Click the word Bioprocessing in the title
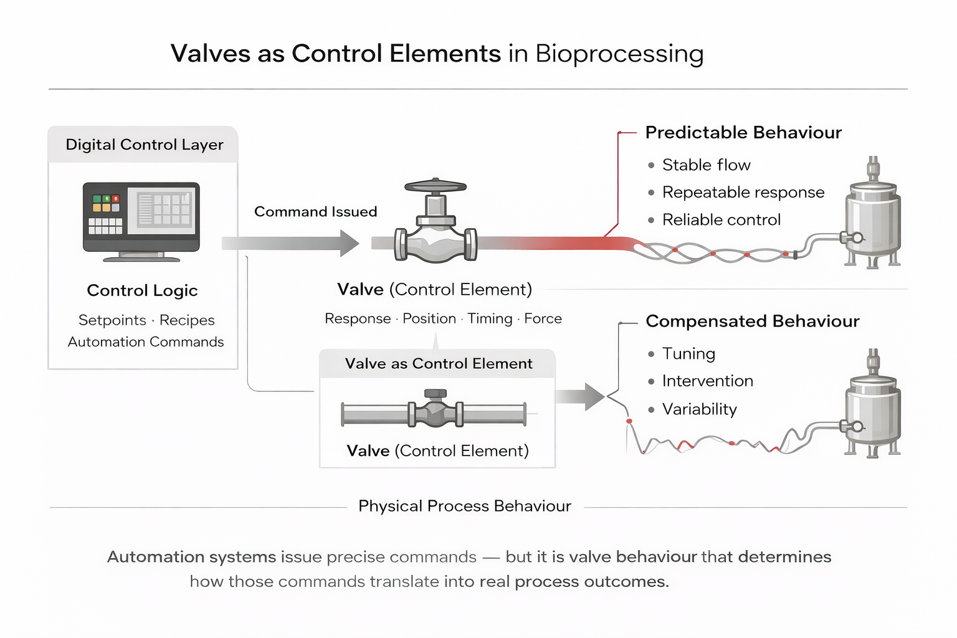pos(619,54)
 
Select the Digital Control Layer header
pos(144,145)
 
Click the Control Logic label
pos(142,290)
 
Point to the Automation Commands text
pos(146,342)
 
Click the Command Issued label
pos(315,212)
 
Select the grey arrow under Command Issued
pos(290,243)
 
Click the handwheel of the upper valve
pos(436,186)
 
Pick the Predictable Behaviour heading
pos(743,133)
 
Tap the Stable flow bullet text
pos(706,165)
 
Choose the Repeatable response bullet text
pos(743,193)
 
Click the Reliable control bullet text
pos(721,220)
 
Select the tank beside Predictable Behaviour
pos(873,215)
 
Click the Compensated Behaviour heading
pos(752,321)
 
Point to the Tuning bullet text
pos(688,354)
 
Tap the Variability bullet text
pos(699,409)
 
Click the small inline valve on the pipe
pos(435,411)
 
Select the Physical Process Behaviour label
pos(464,506)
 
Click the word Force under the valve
pos(543,319)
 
